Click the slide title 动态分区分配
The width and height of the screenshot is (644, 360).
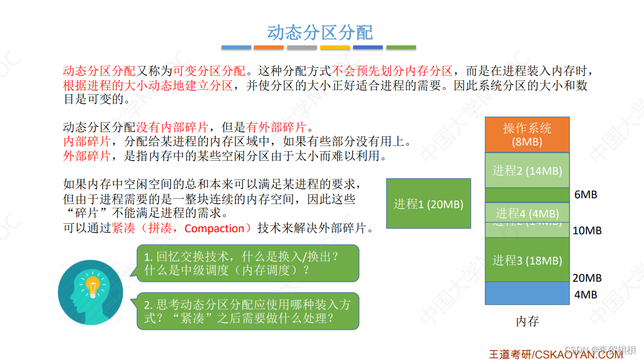point(320,32)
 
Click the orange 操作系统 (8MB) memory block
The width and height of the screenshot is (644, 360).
point(527,135)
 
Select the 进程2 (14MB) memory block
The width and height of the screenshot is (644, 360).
point(527,170)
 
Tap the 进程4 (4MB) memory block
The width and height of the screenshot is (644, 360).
point(527,213)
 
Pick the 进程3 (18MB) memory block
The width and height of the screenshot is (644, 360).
point(527,260)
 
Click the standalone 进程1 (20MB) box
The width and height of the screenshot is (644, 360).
point(428,204)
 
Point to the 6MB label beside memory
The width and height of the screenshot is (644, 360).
point(586,195)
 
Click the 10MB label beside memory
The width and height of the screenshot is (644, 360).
point(587,230)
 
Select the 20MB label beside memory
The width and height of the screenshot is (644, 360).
point(587,278)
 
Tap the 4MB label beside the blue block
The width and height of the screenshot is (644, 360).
point(586,295)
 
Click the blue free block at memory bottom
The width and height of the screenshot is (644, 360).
point(527,293)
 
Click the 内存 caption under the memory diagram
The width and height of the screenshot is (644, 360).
point(527,321)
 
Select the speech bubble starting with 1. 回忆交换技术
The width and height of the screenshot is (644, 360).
point(248,263)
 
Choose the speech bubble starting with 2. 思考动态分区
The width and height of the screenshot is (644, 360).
point(248,311)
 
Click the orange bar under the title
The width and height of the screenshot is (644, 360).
point(269,47)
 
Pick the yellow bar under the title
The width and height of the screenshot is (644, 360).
point(335,47)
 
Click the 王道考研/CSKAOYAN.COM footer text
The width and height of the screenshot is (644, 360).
point(555,354)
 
